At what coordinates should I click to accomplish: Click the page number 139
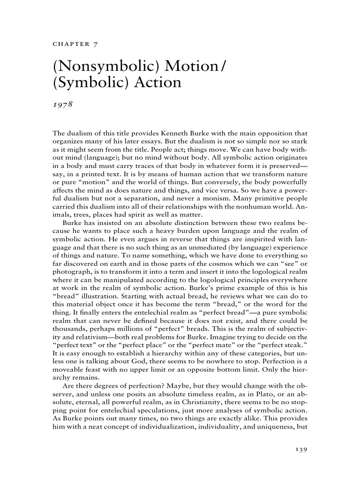[x=299, y=450]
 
